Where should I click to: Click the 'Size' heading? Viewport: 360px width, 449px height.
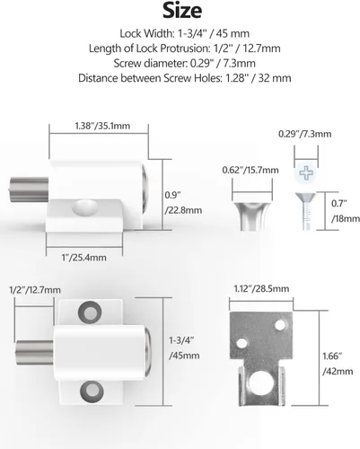[x=182, y=11]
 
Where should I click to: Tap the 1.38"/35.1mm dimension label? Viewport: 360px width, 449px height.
[x=102, y=126]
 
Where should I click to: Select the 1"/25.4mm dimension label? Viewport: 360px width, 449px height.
[x=83, y=258]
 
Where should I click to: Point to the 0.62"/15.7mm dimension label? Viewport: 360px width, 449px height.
[x=250, y=171]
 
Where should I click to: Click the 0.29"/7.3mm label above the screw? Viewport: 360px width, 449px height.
[x=304, y=134]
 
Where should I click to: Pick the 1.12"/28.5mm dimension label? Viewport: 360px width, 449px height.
[x=261, y=289]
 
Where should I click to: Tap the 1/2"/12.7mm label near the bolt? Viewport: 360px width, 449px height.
[x=35, y=290]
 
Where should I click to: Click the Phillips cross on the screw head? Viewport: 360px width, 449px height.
[x=306, y=173]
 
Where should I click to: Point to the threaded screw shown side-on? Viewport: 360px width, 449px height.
[x=306, y=211]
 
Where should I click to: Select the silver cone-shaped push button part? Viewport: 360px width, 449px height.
[x=252, y=216]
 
